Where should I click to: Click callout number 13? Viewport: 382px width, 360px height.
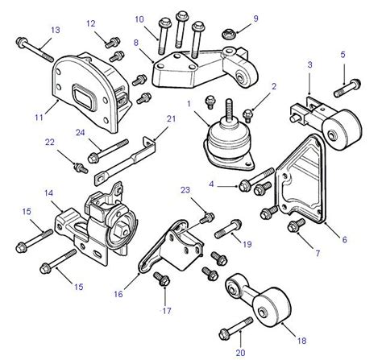click(55, 31)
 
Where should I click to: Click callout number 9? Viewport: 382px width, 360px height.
click(256, 19)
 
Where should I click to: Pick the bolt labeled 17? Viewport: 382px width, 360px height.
click(159, 279)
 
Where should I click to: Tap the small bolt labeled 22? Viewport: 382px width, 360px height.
click(79, 167)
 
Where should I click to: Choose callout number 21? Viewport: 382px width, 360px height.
click(170, 119)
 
